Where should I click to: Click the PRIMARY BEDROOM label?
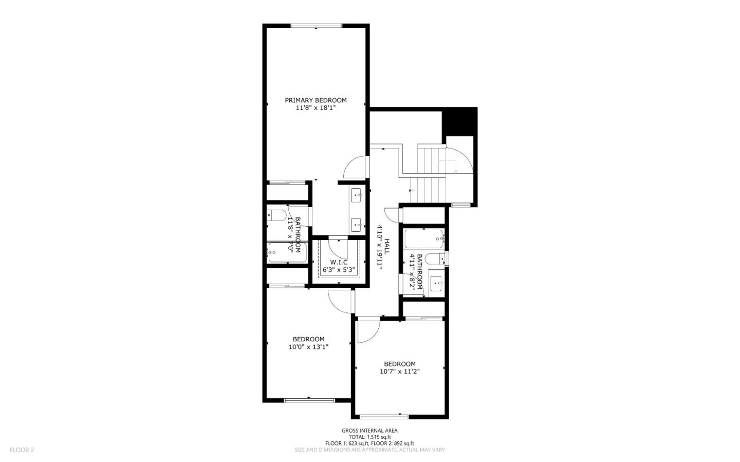tap(316, 100)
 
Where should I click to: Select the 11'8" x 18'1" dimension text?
tap(316, 108)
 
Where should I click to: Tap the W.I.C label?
tap(339, 262)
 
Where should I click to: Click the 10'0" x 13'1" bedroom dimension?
tap(308, 347)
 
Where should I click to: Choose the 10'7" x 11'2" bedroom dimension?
tap(400, 372)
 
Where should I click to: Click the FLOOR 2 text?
tap(22, 450)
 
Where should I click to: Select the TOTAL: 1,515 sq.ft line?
tap(369, 437)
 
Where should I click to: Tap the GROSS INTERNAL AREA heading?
tap(369, 431)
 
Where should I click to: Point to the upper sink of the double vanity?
tap(357, 195)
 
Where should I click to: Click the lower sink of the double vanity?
tap(357, 225)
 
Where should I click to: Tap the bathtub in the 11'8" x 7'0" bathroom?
tap(287, 252)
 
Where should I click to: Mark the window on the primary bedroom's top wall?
tap(316, 26)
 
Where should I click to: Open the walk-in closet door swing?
tap(338, 248)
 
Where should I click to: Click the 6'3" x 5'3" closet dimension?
tap(339, 269)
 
